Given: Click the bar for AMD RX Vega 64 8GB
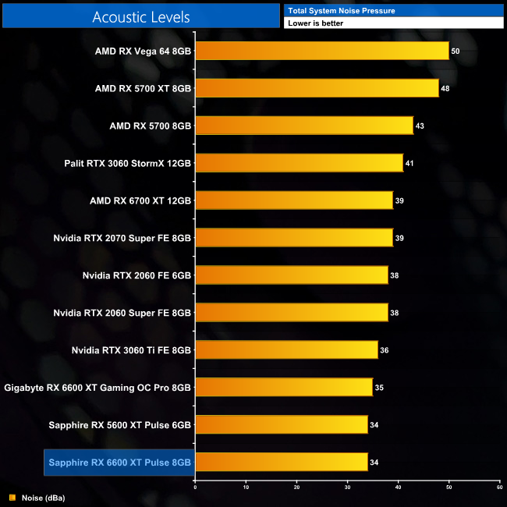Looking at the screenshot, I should click(321, 51).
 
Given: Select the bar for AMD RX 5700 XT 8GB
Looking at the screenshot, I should click(317, 88).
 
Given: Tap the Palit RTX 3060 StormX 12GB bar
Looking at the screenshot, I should click(299, 163).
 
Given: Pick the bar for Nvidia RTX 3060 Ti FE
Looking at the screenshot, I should click(286, 350).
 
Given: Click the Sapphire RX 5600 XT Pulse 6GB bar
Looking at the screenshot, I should click(281, 424).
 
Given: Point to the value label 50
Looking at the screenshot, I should click(456, 51).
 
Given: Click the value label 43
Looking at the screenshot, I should click(420, 126).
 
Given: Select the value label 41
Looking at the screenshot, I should click(409, 163).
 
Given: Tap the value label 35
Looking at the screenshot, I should click(379, 388).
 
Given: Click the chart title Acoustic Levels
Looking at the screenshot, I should click(140, 16).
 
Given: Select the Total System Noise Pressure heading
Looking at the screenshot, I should click(342, 11).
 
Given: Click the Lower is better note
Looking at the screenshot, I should click(315, 23).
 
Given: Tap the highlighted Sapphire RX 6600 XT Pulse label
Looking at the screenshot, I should click(119, 463).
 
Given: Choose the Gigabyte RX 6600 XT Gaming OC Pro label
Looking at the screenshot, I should click(97, 388).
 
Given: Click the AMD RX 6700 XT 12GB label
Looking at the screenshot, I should click(140, 200).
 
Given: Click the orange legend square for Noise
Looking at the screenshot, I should click(12, 497).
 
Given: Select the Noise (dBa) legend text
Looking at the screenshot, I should click(43, 497).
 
